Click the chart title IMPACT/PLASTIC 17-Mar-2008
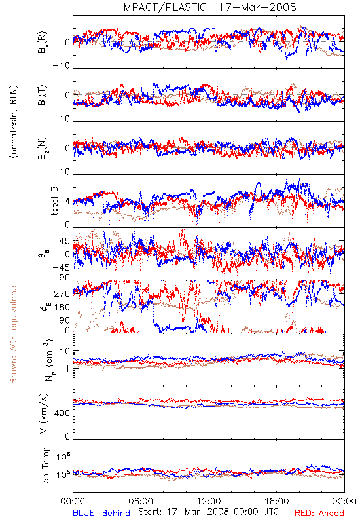(x=208, y=7)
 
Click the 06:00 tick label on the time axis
(x=141, y=501)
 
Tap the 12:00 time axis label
(x=209, y=501)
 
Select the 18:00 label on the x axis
(x=277, y=501)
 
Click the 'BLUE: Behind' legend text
(x=101, y=513)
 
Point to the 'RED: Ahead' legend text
(x=319, y=513)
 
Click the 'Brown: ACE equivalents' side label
(x=13, y=333)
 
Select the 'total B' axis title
(x=54, y=201)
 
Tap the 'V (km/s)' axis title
(x=44, y=413)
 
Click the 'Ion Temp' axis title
(x=45, y=466)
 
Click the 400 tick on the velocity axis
(x=63, y=413)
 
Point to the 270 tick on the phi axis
(x=63, y=293)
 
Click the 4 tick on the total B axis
(x=68, y=202)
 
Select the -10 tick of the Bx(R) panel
(x=62, y=66)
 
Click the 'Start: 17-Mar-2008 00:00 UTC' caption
(x=208, y=512)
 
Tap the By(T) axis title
(x=42, y=95)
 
